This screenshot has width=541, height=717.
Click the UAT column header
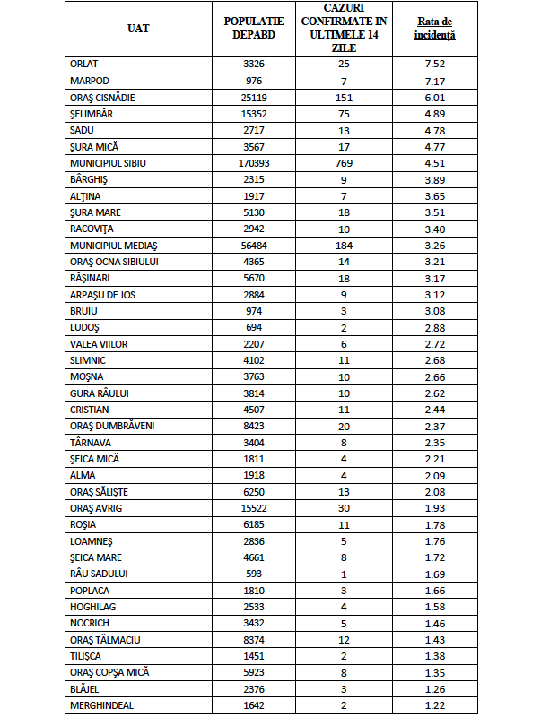pos(138,29)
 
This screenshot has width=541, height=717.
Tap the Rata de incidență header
pos(434,29)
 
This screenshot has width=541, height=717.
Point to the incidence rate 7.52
pos(434,64)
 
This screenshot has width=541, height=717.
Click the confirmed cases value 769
pos(345,164)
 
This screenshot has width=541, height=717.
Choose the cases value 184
pos(345,246)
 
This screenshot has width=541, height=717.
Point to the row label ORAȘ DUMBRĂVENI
pos(112,426)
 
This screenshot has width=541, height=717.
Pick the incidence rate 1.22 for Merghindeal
pos(434,705)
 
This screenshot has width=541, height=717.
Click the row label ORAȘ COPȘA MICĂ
pos(109,672)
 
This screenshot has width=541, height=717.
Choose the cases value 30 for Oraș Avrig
pos(345,508)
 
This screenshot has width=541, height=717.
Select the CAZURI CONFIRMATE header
pos(345,29)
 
